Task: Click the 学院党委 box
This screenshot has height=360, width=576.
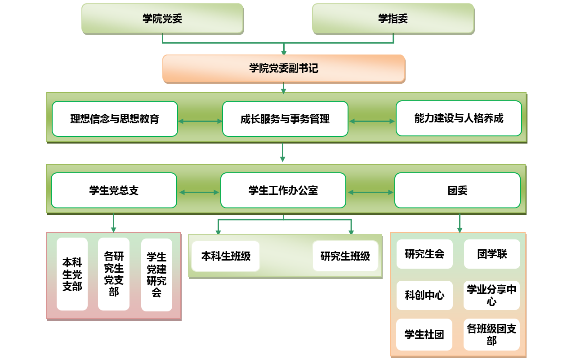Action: click(x=162, y=18)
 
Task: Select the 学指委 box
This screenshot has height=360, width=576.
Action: click(x=393, y=18)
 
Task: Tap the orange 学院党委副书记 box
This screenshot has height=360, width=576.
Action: click(x=283, y=68)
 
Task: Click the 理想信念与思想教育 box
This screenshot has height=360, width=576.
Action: click(x=115, y=119)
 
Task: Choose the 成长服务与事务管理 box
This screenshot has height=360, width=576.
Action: click(x=285, y=119)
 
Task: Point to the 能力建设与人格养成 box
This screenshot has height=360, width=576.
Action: click(x=459, y=118)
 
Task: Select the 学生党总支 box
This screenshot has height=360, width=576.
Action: click(x=114, y=190)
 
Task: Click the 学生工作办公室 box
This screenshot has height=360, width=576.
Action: click(x=283, y=190)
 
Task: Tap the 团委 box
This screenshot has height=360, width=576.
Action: click(x=457, y=190)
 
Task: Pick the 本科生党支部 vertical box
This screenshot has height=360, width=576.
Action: click(x=72, y=274)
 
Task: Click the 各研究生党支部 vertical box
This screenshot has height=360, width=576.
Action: click(x=114, y=274)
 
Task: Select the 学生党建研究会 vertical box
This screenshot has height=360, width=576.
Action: click(x=156, y=275)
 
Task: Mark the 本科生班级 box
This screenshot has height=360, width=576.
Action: click(x=226, y=256)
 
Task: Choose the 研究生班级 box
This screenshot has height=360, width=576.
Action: click(x=345, y=256)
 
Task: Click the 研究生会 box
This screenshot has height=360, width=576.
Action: click(x=424, y=254)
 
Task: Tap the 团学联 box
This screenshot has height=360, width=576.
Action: click(x=492, y=254)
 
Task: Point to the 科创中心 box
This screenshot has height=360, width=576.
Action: click(x=424, y=295)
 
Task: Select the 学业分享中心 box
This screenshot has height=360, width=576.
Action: click(x=491, y=295)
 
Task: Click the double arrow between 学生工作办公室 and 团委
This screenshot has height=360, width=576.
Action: click(x=371, y=193)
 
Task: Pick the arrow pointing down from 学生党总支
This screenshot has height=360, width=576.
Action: click(x=113, y=223)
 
